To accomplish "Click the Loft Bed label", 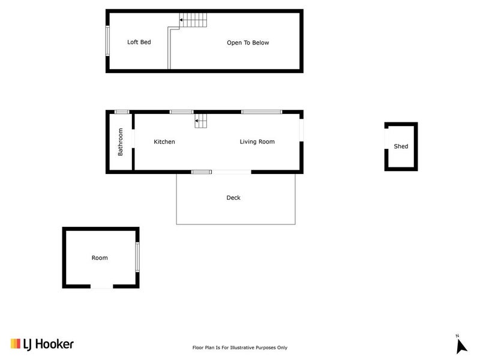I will tap(139, 43).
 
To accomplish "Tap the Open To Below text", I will tap(248, 43).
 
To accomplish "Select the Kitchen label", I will tap(164, 142).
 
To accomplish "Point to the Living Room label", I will tap(257, 142).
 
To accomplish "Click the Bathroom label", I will tap(120, 142).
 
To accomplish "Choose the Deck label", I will tap(233, 197).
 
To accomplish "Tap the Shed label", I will tap(401, 146).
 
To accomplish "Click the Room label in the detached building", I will tap(100, 258).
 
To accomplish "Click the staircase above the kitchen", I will tap(202, 121).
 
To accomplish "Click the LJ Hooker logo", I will tap(42, 344).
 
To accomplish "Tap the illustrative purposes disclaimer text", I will tap(239, 347).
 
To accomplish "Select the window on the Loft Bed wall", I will tap(108, 41).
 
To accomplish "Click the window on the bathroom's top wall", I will tap(122, 112).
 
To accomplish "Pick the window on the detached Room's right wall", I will tap(137, 256).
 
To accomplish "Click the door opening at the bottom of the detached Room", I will tap(101, 287).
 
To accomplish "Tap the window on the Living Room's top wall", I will tap(261, 112).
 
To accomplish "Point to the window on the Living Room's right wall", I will tap(301, 131).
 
